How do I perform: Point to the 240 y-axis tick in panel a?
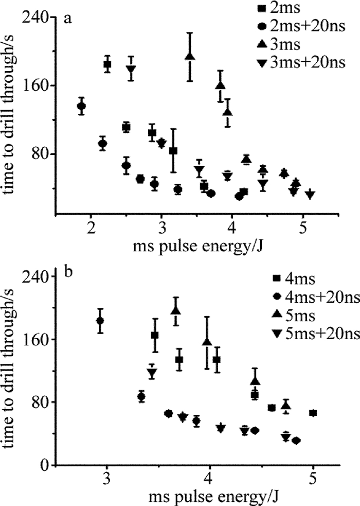[39, 18]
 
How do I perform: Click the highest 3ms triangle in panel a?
[190, 56]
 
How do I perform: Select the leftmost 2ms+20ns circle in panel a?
[81, 107]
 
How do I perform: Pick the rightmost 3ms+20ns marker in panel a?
[310, 194]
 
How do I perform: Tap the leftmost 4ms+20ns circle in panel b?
[100, 321]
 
